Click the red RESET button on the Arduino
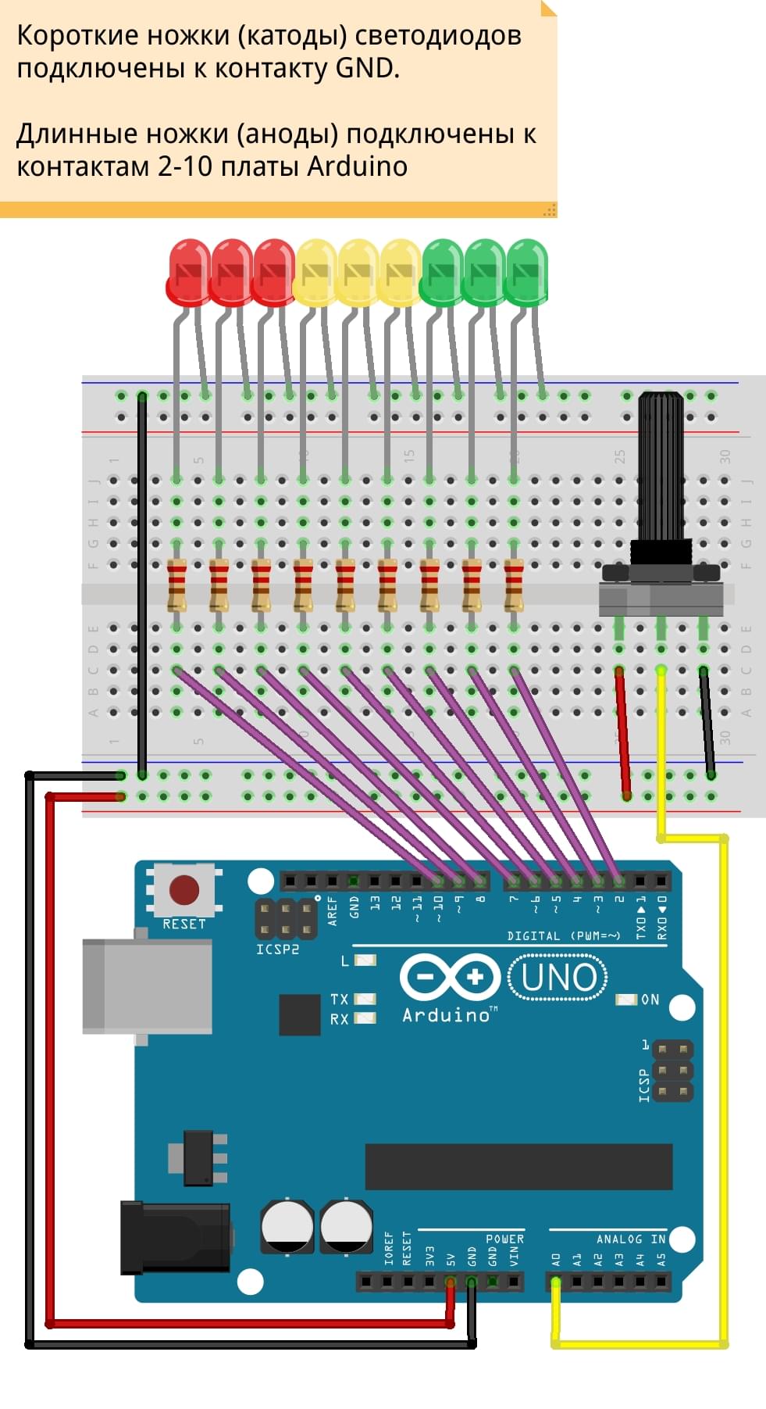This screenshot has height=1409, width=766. tap(184, 889)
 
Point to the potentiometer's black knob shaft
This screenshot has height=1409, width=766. tap(661, 469)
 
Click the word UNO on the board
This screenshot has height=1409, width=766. tap(558, 978)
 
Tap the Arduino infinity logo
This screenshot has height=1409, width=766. tap(450, 977)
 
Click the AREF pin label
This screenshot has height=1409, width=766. tap(333, 911)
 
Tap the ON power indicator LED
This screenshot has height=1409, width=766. tap(626, 1000)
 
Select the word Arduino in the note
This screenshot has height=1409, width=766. tap(357, 166)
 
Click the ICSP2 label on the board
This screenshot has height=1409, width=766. tap(277, 949)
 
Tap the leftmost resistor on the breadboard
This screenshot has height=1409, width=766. tap(177, 585)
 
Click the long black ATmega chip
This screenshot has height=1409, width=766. tap(518, 1166)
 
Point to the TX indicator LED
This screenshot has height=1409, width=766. tap(365, 999)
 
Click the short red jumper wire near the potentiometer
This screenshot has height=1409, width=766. tap(622, 731)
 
